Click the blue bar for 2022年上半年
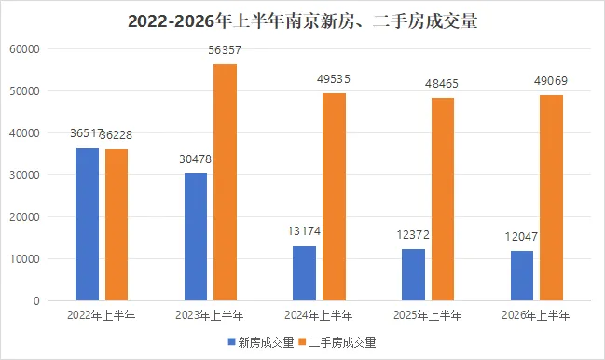point(88,224)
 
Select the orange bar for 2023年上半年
point(226,183)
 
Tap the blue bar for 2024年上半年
point(305,273)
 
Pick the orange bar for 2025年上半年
point(443,199)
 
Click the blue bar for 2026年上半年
point(522,275)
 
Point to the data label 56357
point(225,50)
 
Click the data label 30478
point(195,159)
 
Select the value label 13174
point(304,231)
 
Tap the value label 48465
point(442,84)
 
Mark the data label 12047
point(521,237)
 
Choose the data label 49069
point(551,81)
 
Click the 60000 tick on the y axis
point(24,49)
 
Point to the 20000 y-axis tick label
point(24,217)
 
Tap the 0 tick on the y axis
point(36,301)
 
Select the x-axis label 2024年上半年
point(319,315)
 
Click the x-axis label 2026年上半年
point(535,315)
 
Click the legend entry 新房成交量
point(261,342)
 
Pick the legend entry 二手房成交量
point(337,342)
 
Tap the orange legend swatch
point(303,342)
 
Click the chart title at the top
point(302,21)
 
